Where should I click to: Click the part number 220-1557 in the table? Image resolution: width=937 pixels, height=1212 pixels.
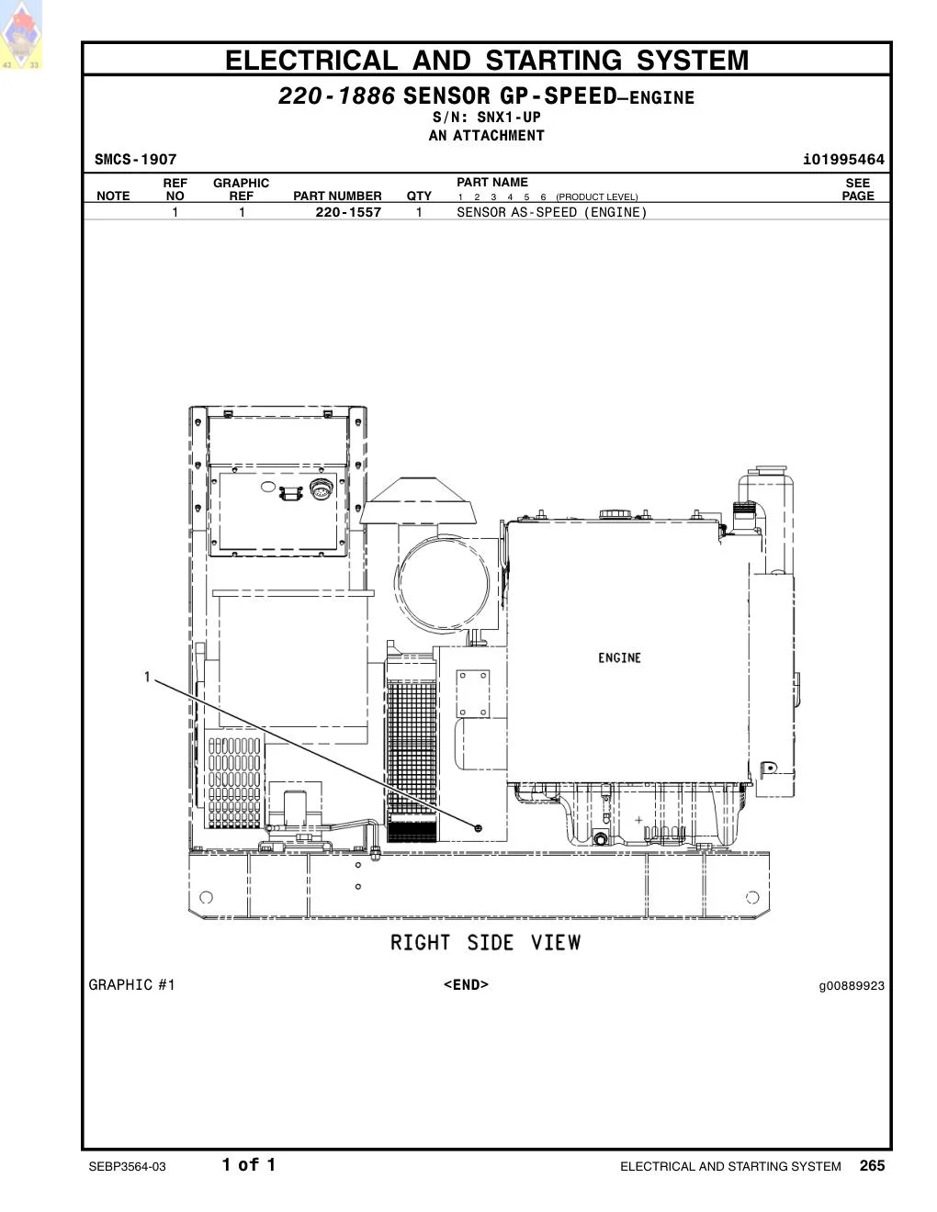[348, 212]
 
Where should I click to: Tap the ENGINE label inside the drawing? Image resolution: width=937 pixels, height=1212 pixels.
[619, 658]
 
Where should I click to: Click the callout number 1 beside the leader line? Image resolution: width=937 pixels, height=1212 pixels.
[147, 677]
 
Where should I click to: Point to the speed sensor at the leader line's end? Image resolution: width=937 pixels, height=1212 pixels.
[478, 828]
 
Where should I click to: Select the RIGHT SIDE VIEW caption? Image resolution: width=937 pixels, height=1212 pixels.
[486, 943]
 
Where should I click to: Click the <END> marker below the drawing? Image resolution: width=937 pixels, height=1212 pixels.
[466, 985]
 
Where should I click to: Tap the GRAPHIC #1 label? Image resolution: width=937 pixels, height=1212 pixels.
[131, 985]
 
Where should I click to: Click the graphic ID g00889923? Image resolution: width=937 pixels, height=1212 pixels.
[852, 986]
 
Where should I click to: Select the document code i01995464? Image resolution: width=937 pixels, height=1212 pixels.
[844, 160]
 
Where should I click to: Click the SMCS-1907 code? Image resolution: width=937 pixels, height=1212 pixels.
[136, 160]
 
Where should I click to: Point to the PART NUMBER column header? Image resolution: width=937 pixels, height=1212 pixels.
[338, 196]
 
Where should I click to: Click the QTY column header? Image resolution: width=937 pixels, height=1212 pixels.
[419, 196]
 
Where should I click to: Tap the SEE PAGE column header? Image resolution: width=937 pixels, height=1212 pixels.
[858, 189]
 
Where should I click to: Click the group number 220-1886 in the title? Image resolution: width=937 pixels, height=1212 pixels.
[337, 95]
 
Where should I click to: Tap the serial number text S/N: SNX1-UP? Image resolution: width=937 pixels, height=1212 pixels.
[487, 118]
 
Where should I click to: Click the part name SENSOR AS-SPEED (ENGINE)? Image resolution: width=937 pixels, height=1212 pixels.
[552, 212]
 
